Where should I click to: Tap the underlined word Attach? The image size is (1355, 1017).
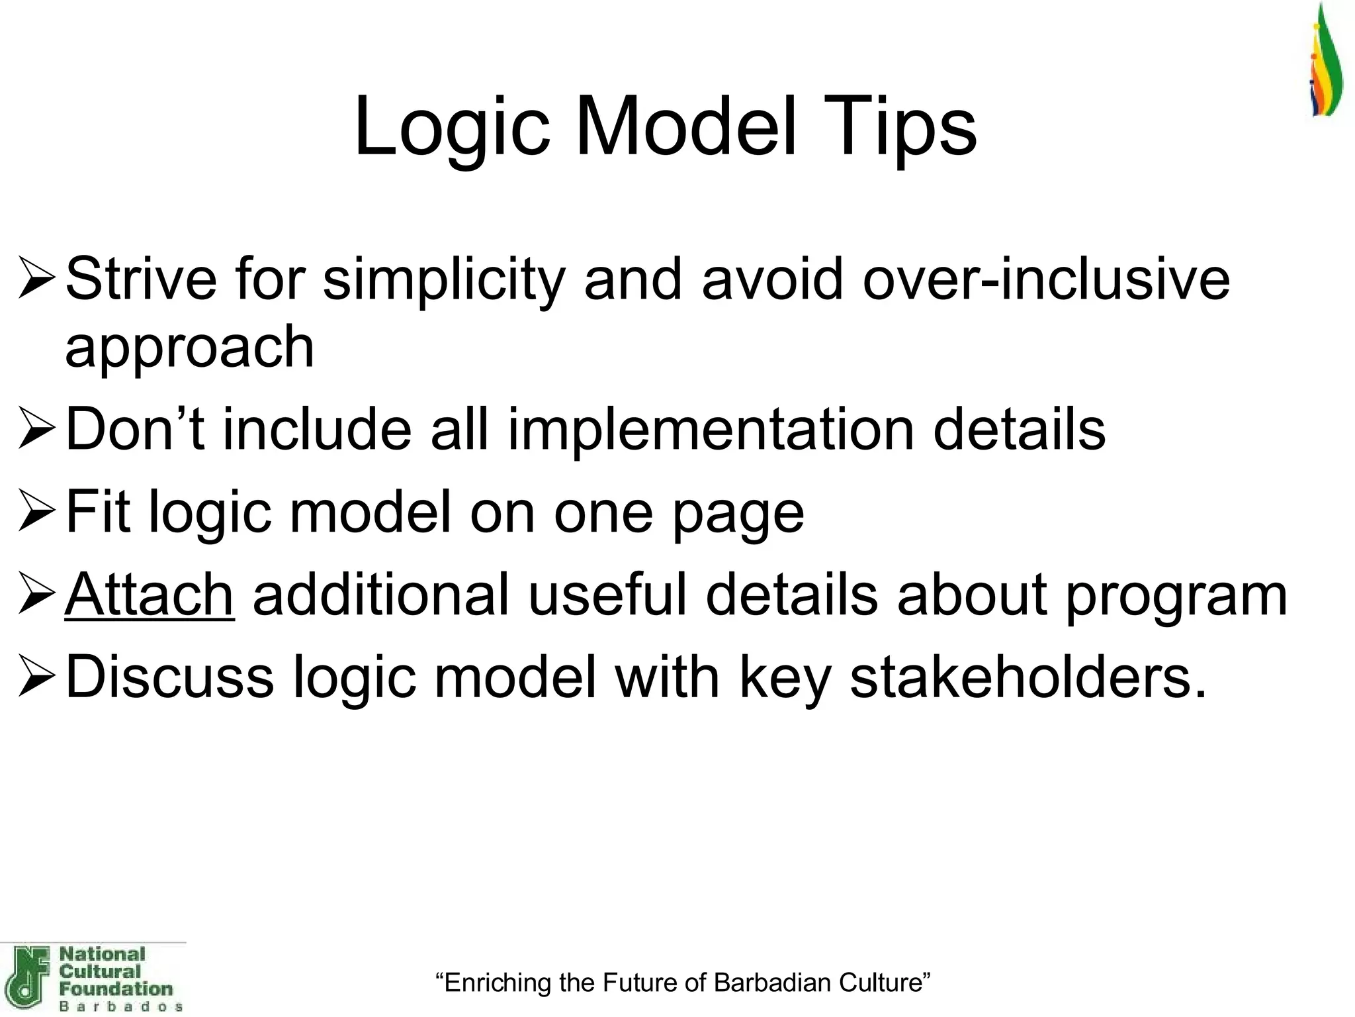click(x=150, y=595)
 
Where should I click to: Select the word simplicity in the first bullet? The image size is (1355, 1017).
click(x=443, y=279)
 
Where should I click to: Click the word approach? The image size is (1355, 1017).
click(x=189, y=347)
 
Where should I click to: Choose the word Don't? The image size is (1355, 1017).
click(x=135, y=429)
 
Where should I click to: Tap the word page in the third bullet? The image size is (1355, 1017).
click(x=738, y=513)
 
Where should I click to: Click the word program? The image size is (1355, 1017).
click(x=1176, y=595)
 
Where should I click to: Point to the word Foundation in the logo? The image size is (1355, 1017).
click(x=116, y=989)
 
